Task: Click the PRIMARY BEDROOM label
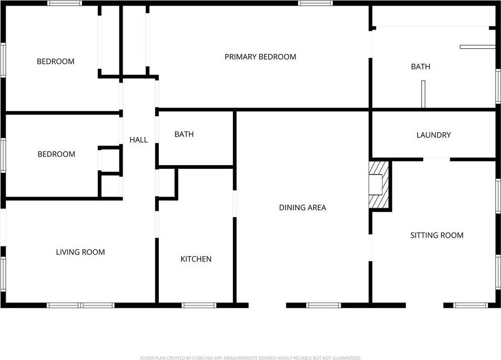tap(260, 57)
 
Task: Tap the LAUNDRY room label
tap(434, 135)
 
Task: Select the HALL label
tap(138, 140)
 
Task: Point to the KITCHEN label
tap(196, 259)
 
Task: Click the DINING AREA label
tap(303, 208)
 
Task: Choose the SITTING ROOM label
tap(437, 235)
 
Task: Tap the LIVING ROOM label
tap(80, 252)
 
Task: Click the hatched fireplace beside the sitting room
tap(378, 184)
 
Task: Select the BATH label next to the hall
tap(184, 134)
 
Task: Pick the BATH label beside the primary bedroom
tap(420, 67)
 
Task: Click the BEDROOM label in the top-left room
tap(55, 62)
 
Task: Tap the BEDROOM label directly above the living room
tap(56, 154)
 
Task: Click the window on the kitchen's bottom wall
tap(199, 305)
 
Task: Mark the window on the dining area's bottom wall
tap(323, 305)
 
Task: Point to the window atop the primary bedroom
tap(316, 4)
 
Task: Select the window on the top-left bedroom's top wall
tap(65, 4)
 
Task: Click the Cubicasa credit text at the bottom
tap(250, 358)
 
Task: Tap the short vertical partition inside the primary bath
tap(423, 94)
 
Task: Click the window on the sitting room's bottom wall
tap(470, 305)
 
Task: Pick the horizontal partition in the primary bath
tap(477, 47)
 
